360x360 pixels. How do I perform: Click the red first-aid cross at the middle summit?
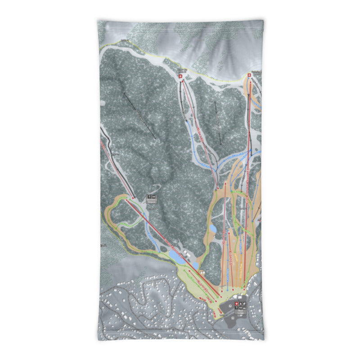181,77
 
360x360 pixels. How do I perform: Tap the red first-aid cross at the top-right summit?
249,76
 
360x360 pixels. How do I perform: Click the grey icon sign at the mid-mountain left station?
151,198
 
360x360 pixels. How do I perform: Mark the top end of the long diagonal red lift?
134,198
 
